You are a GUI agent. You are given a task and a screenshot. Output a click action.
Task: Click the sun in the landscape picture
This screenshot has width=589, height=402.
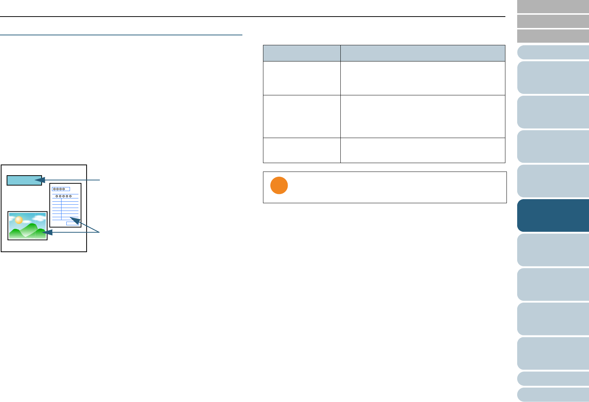click(18, 220)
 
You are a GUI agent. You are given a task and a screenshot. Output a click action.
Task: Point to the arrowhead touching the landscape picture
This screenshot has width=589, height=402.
click(47, 232)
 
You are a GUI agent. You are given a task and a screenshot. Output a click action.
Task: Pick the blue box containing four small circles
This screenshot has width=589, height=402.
click(61, 189)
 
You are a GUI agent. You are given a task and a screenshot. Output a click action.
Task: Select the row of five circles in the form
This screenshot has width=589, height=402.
click(63, 196)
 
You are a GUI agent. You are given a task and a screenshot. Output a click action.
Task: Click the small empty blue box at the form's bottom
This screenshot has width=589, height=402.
click(72, 223)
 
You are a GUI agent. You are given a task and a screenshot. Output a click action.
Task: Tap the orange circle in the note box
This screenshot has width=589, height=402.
click(279, 186)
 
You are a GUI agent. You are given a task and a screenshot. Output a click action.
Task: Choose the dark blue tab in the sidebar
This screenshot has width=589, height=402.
click(553, 215)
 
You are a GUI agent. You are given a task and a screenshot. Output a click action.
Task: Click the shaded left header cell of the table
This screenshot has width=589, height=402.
click(302, 53)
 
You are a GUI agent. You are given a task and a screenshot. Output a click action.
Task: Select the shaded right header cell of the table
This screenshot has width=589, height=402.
click(423, 53)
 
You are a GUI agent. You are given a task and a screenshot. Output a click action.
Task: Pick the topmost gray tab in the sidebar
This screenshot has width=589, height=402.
click(553, 6)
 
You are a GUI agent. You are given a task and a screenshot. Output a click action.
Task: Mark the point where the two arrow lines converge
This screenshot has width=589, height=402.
click(99, 232)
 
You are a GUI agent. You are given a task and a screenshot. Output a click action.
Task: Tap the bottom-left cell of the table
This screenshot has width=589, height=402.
click(302, 150)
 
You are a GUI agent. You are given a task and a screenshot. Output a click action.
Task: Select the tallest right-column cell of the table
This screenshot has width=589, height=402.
click(423, 116)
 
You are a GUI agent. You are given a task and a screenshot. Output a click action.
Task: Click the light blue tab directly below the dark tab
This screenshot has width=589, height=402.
click(553, 250)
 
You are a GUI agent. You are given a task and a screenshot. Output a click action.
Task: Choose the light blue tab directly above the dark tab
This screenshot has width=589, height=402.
click(553, 181)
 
